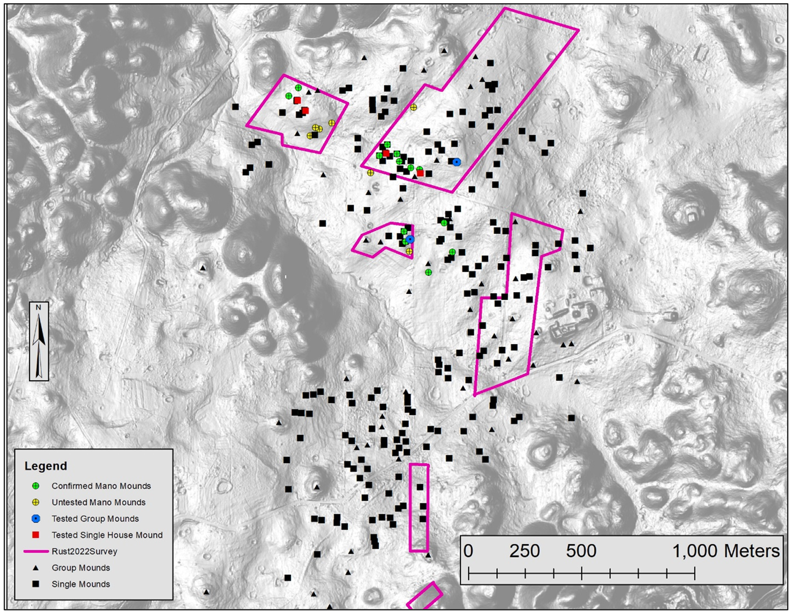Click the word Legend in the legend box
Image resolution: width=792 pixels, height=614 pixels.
[x=45, y=466]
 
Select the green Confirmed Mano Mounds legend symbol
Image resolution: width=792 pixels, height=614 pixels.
[x=36, y=486]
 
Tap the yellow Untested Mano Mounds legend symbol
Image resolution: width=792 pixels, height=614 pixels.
[x=36, y=502]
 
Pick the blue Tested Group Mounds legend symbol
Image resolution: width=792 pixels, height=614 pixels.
[x=36, y=519]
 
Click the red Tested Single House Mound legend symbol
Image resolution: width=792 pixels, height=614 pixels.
[x=36, y=535]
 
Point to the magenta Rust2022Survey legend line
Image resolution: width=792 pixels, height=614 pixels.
[x=36, y=551]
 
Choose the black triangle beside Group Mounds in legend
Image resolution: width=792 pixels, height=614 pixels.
[x=36, y=568]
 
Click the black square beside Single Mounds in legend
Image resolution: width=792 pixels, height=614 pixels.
[x=36, y=584]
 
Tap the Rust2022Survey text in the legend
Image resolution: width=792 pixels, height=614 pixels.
[x=84, y=551]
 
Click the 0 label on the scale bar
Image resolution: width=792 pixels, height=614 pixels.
[x=468, y=551]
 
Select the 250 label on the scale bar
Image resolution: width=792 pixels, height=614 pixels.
[x=524, y=551]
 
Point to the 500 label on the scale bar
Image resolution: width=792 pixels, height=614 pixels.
[x=581, y=551]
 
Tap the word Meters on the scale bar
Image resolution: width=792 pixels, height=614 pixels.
[x=752, y=551]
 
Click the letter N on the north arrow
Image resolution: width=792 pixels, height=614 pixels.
[x=39, y=308]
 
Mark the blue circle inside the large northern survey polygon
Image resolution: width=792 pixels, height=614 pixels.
[x=457, y=162]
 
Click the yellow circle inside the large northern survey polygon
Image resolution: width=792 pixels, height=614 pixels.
[x=413, y=107]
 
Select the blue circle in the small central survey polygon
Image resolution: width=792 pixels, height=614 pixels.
[x=410, y=239]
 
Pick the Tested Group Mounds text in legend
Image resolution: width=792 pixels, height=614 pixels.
[x=95, y=519]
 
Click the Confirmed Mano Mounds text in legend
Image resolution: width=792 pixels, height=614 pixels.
[x=101, y=486]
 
